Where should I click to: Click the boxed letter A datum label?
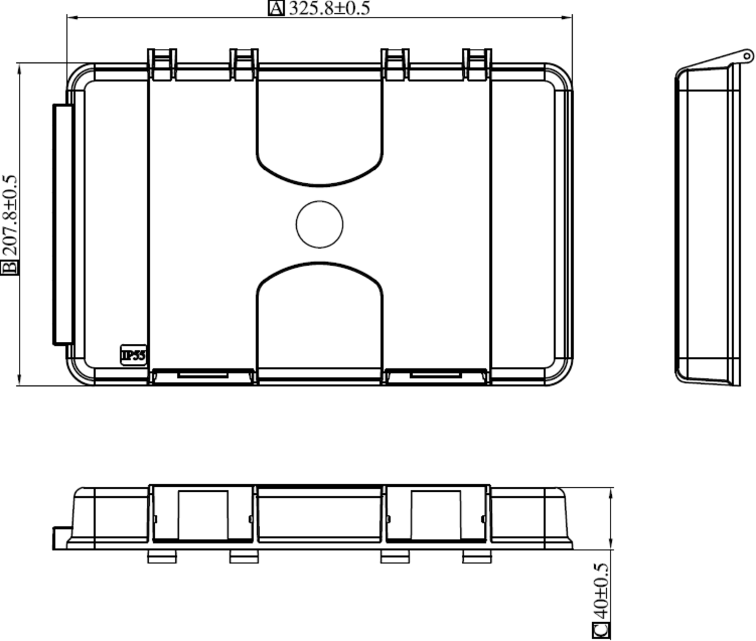(x=276, y=8)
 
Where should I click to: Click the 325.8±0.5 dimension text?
(x=329, y=8)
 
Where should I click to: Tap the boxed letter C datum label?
(x=602, y=630)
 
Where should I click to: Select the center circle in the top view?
(x=319, y=225)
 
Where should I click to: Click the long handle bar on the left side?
(x=62, y=225)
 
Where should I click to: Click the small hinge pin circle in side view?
(x=747, y=55)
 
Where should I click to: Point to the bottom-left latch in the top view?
(x=203, y=376)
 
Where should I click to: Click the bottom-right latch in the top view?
(x=436, y=376)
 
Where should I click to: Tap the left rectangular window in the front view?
(x=203, y=515)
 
